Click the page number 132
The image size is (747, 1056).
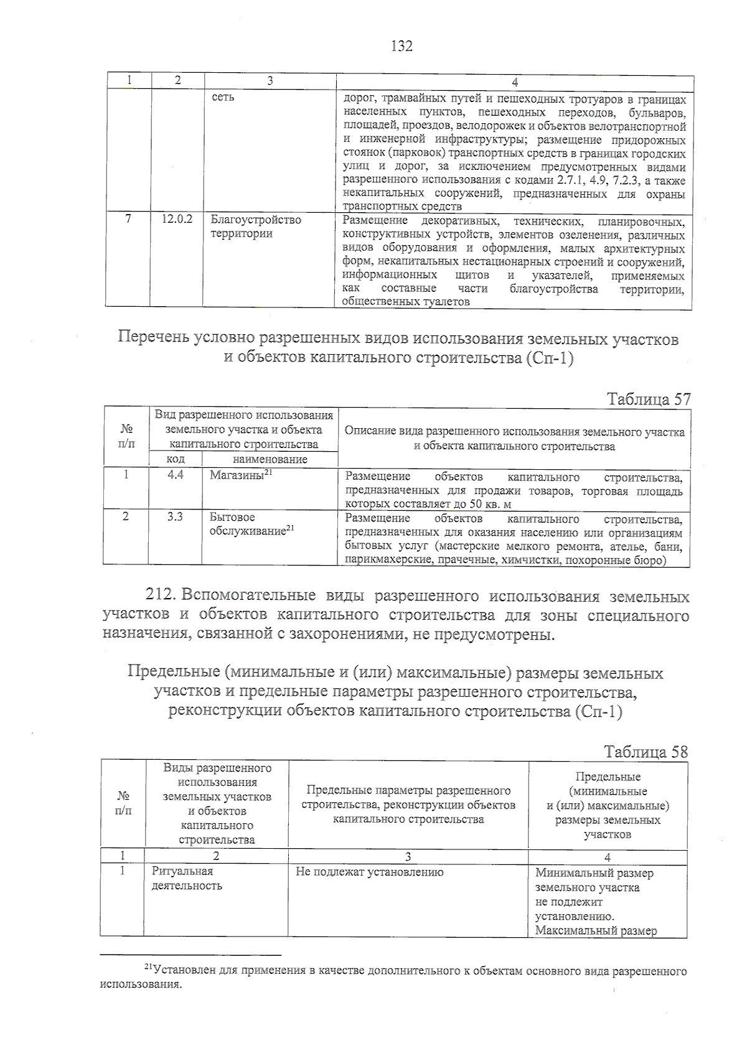(x=402, y=46)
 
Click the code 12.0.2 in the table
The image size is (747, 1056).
(x=177, y=220)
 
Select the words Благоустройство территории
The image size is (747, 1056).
(x=255, y=227)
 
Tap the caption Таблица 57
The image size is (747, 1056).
(x=649, y=399)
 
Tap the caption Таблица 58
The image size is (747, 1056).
(x=646, y=752)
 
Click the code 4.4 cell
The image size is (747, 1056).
(x=176, y=475)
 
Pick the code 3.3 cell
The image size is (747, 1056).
(x=175, y=517)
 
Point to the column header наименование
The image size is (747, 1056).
(x=270, y=459)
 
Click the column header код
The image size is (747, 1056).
(x=176, y=459)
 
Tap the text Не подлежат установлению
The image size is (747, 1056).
(x=370, y=872)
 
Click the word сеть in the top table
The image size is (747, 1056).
(x=223, y=98)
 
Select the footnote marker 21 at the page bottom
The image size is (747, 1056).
(x=148, y=967)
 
